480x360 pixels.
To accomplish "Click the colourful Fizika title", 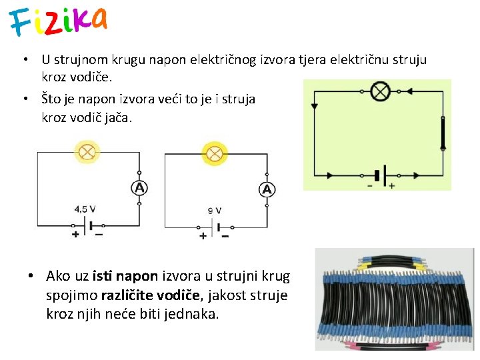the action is click(58, 21).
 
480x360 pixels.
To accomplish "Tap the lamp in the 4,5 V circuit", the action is click(88, 152).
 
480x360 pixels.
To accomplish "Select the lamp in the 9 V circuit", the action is click(215, 154).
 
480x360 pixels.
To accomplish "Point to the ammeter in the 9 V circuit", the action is click(267, 190).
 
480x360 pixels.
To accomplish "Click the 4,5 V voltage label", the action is click(85, 209).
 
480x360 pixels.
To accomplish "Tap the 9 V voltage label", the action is click(214, 211).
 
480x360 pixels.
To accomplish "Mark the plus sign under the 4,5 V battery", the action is click(75, 234).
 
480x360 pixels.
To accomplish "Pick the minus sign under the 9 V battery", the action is click(225, 235).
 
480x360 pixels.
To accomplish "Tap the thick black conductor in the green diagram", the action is click(442, 133).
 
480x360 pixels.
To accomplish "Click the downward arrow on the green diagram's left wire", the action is click(315, 105).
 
